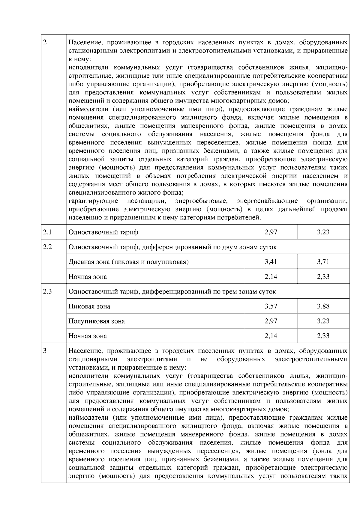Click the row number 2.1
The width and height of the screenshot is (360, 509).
[47, 232]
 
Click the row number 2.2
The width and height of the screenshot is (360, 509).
[47, 247]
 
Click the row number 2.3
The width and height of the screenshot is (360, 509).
[47, 292]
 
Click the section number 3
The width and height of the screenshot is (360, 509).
[45, 351]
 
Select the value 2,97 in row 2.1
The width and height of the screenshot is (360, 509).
[271, 232]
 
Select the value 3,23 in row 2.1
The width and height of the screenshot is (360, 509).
[323, 232]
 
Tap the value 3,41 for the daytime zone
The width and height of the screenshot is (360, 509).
[271, 262]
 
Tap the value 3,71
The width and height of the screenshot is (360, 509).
[323, 262]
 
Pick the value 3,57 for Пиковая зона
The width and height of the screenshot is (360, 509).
[271, 306]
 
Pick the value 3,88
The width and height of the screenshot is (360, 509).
[323, 306]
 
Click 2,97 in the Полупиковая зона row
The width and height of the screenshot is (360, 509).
[271, 321]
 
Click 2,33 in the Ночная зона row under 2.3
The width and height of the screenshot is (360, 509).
[323, 336]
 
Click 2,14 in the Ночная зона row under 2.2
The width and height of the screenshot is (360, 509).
[271, 276]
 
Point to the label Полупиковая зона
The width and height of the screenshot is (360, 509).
[97, 321]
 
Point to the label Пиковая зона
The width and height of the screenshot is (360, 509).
[89, 306]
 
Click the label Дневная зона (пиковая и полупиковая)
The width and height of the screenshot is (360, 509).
[128, 262]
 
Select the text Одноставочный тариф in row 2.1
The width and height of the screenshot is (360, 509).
[103, 232]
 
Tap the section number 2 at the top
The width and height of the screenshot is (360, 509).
[45, 42]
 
